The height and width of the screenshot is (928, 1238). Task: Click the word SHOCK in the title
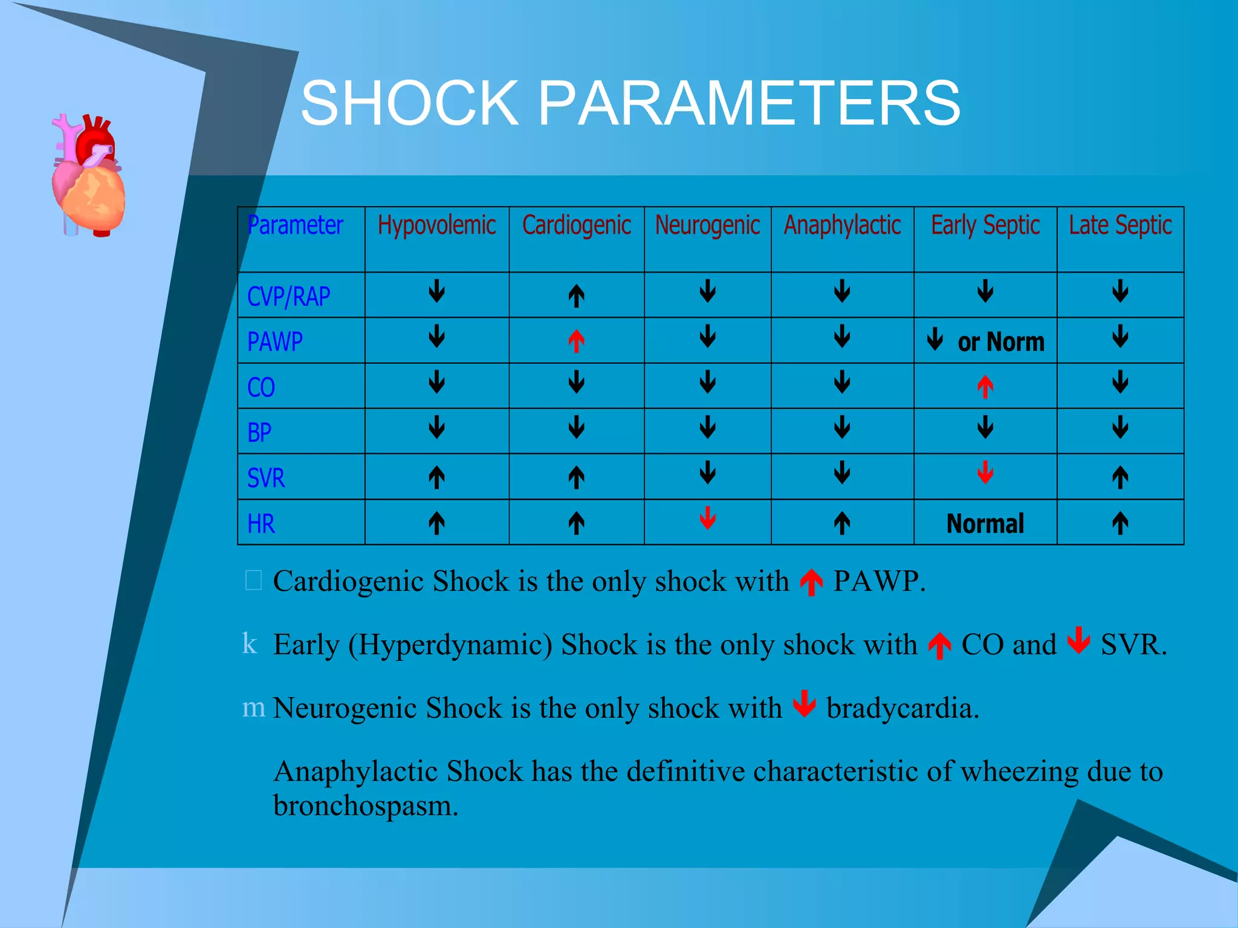click(410, 104)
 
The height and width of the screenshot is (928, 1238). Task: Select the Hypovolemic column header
click(436, 225)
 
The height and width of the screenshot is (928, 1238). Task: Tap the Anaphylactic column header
click(842, 225)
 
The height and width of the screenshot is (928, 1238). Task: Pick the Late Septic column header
click(1120, 225)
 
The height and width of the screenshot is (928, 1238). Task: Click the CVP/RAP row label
click(288, 297)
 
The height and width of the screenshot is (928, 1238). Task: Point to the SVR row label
click(265, 478)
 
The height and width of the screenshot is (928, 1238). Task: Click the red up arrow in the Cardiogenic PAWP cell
click(576, 341)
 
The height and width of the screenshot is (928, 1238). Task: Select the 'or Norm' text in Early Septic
click(1000, 342)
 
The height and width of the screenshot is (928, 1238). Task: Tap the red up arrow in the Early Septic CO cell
click(985, 387)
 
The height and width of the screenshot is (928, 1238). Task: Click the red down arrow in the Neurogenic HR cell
click(707, 518)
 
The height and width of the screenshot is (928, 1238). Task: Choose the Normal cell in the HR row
click(985, 523)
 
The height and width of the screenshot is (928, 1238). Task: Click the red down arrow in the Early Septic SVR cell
click(985, 472)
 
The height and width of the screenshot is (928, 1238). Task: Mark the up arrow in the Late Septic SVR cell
click(1120, 477)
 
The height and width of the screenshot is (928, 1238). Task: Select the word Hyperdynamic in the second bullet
click(450, 645)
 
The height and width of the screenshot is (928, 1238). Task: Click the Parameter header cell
click(296, 225)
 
